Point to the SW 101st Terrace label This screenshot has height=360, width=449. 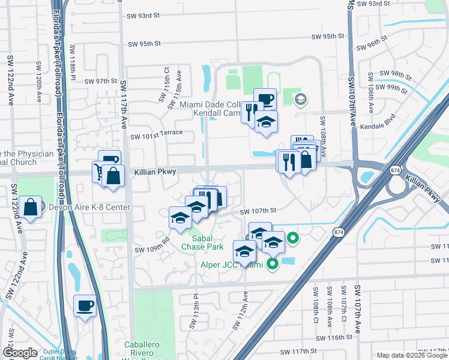point(156,136)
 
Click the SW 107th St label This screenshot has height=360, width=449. point(258,211)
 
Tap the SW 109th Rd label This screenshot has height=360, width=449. point(152,248)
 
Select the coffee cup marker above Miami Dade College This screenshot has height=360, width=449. point(265,98)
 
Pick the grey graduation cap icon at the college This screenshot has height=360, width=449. point(301,100)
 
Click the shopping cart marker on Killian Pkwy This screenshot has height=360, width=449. point(100,172)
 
